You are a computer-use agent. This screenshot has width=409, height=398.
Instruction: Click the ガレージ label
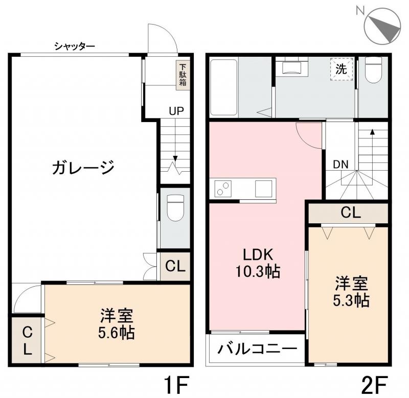[x=82, y=167]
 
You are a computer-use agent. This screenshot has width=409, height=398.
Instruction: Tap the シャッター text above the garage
[x=75, y=47]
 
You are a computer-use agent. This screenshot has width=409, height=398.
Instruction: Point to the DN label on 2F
[x=341, y=165]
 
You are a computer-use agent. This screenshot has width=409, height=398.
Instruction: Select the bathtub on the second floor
[x=223, y=87]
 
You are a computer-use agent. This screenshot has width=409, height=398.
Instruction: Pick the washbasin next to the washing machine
[x=291, y=67]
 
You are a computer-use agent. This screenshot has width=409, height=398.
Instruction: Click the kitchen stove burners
[x=223, y=189]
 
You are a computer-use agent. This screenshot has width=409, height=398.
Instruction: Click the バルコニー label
[x=258, y=350]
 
